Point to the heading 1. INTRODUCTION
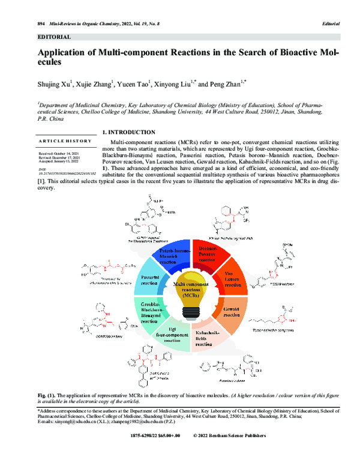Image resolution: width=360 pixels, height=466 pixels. coord(129,132)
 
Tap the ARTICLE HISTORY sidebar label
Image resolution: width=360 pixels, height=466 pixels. coord(65,141)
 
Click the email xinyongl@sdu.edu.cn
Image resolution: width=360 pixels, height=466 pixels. coord(71,422)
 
